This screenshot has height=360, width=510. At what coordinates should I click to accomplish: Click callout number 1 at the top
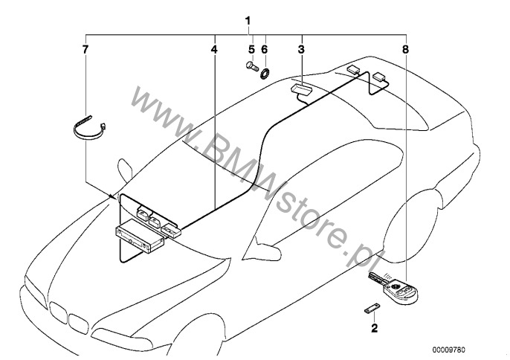click(248, 22)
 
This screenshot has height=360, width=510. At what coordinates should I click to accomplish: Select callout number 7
click(85, 50)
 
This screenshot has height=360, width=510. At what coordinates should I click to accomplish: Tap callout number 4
click(213, 50)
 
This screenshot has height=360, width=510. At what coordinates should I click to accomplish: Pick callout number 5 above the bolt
click(251, 50)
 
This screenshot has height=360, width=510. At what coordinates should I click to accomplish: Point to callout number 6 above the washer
click(264, 50)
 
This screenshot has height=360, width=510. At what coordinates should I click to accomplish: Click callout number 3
click(301, 50)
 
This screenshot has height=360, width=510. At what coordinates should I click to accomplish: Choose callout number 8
click(405, 50)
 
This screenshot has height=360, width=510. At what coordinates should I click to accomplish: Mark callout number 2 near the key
click(375, 328)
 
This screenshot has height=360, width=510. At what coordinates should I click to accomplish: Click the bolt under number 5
click(252, 66)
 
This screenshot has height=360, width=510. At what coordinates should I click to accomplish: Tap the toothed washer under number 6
click(265, 73)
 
